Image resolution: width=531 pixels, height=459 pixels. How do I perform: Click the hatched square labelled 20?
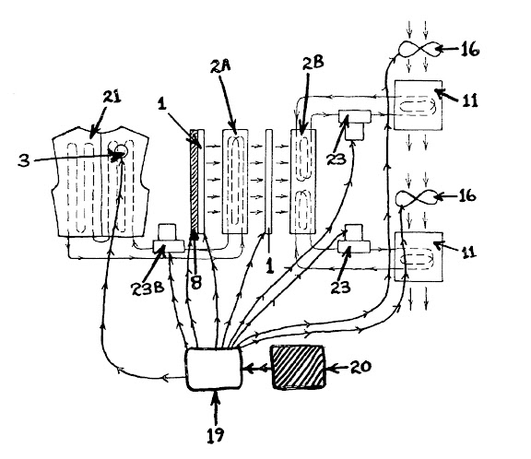point(299,367)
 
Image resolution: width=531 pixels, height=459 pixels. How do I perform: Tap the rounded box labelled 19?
point(214,369)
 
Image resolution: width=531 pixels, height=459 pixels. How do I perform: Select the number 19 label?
point(216,435)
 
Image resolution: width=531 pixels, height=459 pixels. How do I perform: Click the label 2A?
point(220,66)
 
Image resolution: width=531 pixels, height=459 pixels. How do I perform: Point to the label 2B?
point(313,63)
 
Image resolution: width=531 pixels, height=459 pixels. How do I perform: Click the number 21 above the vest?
point(112,97)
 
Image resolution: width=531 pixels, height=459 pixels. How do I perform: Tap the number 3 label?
point(24,160)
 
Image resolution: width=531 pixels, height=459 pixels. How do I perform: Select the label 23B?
point(148,288)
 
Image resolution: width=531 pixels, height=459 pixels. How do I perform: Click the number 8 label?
point(196,282)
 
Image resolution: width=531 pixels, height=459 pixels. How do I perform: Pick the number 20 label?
point(360,367)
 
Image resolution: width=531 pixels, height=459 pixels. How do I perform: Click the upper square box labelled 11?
point(419,105)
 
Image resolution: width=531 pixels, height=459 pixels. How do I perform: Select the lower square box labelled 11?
point(419,256)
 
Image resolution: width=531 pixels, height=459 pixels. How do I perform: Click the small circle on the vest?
point(121,150)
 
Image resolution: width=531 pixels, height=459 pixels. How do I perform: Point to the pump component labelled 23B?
point(169,239)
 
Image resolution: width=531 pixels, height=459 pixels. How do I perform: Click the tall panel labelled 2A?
point(235,182)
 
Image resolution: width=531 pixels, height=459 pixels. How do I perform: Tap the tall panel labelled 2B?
point(302,182)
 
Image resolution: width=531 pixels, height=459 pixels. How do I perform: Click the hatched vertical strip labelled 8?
point(194,182)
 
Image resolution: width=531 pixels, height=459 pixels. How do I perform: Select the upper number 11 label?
point(469,100)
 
